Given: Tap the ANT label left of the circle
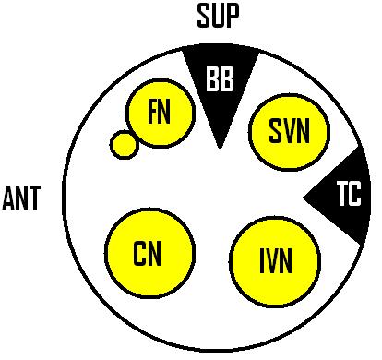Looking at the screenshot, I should click(x=22, y=198).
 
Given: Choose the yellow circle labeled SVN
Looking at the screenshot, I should click(x=290, y=133).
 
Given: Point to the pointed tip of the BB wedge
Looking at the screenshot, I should click(x=220, y=146).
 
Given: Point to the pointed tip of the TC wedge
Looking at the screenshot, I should click(x=305, y=197).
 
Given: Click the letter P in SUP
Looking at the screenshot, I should click(x=233, y=16).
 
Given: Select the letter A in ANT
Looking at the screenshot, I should click(x=9, y=198).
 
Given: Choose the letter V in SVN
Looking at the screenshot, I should click(x=289, y=133).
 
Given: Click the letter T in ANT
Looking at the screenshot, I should click(x=35, y=198).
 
